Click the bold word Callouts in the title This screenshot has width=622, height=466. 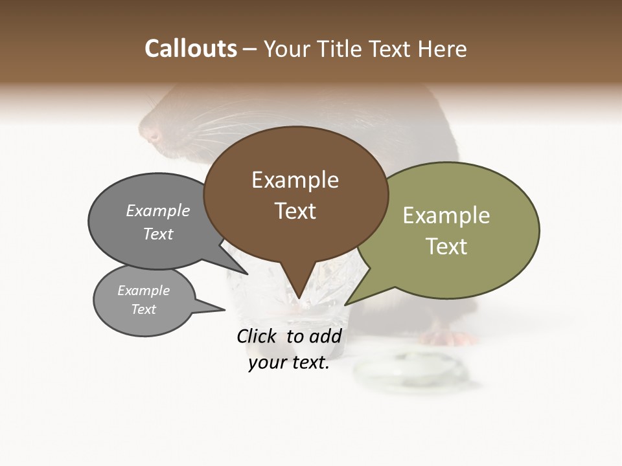[x=190, y=49]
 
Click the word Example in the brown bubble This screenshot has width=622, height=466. [x=295, y=180]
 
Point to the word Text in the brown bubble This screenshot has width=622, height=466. [x=295, y=211]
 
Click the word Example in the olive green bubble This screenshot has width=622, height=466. [x=446, y=216]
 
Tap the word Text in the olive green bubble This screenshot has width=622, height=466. [x=446, y=247]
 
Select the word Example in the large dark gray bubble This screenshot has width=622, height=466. [x=158, y=210]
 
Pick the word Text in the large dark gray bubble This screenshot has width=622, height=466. [x=158, y=234]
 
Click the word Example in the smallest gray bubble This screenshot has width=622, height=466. [x=143, y=291]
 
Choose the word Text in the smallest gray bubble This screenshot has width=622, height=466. [x=143, y=309]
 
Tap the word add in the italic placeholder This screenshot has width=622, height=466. [x=325, y=336]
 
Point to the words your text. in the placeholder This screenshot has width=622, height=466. [x=289, y=363]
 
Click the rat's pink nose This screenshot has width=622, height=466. [x=154, y=137]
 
